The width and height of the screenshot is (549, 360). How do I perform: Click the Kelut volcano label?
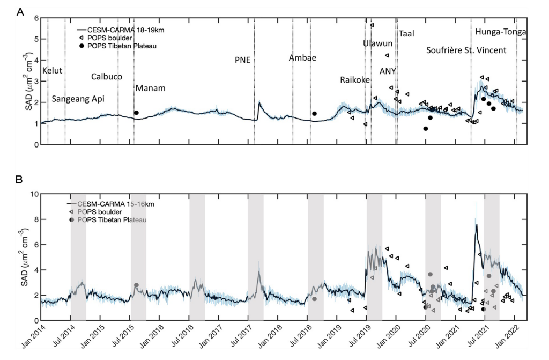(53, 71)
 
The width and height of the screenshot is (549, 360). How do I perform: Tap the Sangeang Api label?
(78, 99)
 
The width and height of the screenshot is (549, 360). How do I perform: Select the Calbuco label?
(107, 77)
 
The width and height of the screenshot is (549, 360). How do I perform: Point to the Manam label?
(150, 88)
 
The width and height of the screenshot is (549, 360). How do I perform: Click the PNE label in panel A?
(242, 60)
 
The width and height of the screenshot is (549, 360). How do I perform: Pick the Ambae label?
(302, 57)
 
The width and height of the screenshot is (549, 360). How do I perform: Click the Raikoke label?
(354, 80)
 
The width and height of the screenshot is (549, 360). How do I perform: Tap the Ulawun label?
(378, 43)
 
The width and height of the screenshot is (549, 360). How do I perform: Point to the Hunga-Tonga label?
(500, 33)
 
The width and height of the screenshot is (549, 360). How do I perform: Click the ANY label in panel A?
(387, 71)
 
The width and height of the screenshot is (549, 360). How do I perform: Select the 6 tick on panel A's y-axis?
(36, 18)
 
